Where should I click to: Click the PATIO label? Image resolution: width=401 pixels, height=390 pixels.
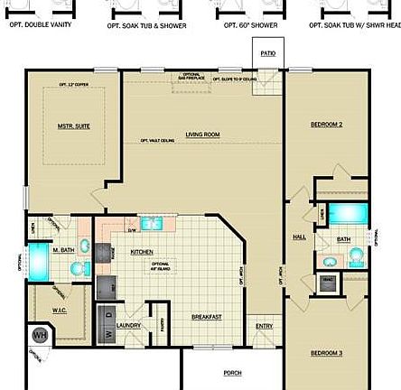(268, 53)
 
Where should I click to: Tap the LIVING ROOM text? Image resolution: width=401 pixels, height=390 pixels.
(202, 135)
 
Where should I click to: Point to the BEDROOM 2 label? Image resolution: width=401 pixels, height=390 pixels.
(326, 124)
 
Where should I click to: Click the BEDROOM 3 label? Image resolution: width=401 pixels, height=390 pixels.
(326, 352)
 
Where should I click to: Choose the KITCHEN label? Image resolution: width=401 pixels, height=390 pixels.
(142, 252)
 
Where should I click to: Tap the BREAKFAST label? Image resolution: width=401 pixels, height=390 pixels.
(206, 317)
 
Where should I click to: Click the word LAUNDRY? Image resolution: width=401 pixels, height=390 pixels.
(128, 325)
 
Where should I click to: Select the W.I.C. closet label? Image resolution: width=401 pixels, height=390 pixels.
(61, 310)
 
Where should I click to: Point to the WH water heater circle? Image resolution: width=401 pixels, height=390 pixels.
(40, 335)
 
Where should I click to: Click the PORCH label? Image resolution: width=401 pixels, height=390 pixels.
(232, 372)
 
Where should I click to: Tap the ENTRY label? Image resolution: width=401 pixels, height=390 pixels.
(264, 326)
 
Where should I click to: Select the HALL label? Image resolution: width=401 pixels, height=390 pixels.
(299, 237)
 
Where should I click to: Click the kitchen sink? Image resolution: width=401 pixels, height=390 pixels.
(150, 222)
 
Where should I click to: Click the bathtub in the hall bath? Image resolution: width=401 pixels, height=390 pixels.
(344, 214)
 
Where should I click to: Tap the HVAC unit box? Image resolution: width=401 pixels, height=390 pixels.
(326, 283)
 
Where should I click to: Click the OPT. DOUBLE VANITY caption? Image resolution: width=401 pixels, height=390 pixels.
(41, 25)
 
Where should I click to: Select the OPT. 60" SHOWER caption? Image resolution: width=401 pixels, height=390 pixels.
(250, 25)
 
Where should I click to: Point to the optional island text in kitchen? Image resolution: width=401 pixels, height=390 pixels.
(161, 266)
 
